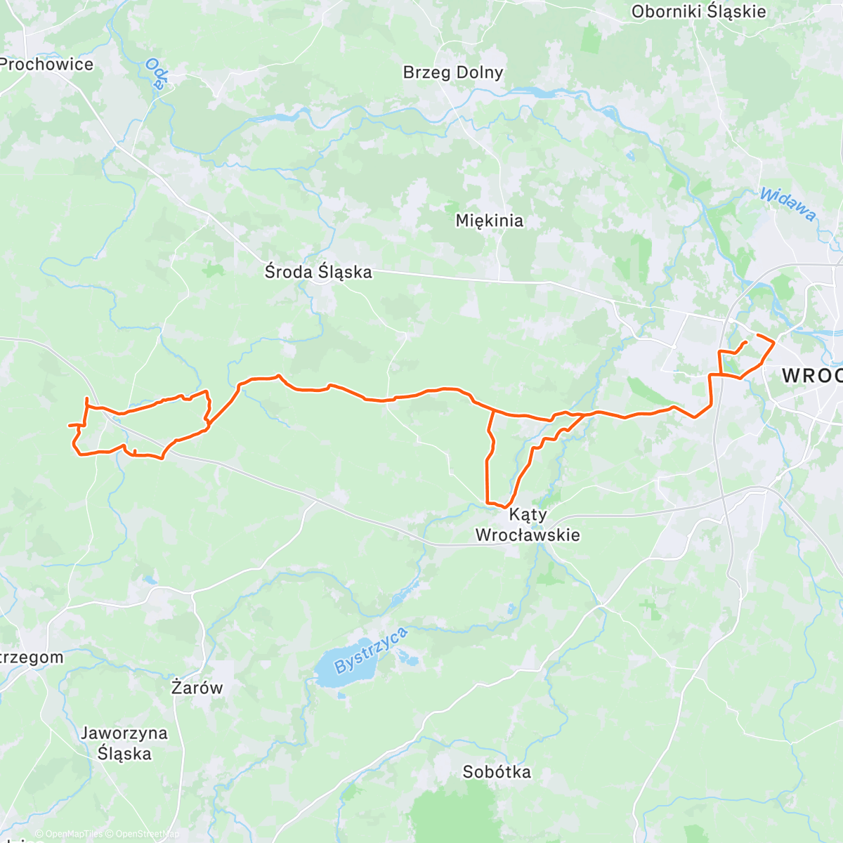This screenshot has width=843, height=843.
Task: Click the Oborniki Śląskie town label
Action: tap(698, 12)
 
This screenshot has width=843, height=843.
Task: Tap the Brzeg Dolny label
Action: tap(453, 72)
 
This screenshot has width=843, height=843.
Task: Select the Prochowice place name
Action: tap(46, 65)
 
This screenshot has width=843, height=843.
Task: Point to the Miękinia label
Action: tap(489, 221)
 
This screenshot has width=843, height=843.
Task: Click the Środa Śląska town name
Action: tap(318, 272)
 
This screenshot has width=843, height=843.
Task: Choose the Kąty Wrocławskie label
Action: tap(528, 525)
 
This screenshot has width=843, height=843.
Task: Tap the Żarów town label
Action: tap(197, 688)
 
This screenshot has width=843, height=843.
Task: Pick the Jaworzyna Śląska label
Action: tap(124, 743)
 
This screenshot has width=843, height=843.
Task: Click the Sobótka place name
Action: tap(497, 772)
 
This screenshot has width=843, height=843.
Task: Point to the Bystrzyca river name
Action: tap(370, 651)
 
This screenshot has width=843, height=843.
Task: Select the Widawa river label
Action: tap(788, 204)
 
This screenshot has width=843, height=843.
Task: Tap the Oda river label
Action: tap(155, 74)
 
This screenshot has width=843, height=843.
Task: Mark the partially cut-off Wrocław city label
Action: tap(812, 375)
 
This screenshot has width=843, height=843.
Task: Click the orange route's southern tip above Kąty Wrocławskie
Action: tap(504, 507)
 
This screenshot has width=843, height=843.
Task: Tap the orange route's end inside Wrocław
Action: tap(745, 341)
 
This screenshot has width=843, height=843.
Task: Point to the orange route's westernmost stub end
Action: tap(68, 425)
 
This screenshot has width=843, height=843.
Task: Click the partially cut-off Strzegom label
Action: tap(32, 658)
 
